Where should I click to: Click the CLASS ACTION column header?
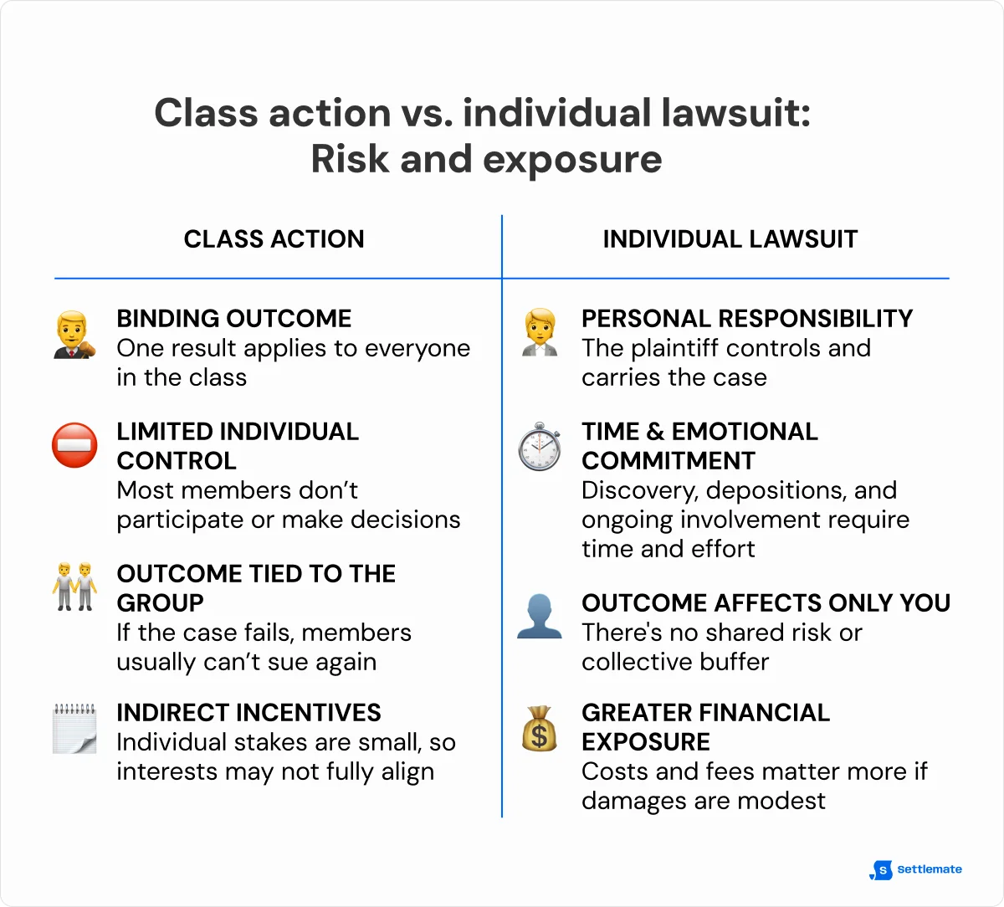(274, 239)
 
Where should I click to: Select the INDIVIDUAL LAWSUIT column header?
(730, 239)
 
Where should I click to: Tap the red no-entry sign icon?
(74, 444)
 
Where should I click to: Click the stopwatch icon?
(540, 446)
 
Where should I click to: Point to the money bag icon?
(539, 728)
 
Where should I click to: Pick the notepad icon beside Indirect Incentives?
(74, 728)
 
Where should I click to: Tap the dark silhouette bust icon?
(540, 617)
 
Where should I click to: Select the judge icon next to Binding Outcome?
(74, 335)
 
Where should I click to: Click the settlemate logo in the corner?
(917, 869)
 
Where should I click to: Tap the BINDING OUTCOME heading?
(234, 319)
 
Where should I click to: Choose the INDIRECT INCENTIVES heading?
(248, 713)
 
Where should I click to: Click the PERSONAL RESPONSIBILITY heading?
(746, 319)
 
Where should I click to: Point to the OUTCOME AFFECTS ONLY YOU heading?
(766, 603)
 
